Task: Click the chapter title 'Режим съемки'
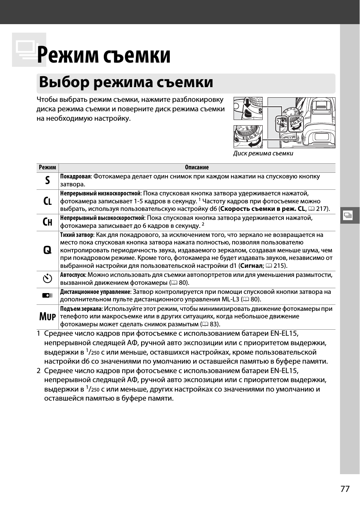click(104, 55)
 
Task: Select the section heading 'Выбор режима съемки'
click(126, 82)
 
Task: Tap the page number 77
click(345, 489)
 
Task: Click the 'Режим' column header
click(47, 167)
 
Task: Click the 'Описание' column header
click(197, 167)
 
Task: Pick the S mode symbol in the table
click(47, 180)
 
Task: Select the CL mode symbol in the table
click(47, 201)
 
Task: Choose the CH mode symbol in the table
click(47, 222)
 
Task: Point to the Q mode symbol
click(47, 250)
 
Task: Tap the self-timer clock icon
click(47, 279)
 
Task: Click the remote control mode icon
click(47, 295)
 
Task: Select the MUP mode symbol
click(47, 316)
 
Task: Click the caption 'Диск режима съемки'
click(263, 153)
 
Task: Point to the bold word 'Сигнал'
click(251, 266)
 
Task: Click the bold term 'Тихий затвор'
click(77, 235)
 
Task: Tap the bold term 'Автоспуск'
click(73, 275)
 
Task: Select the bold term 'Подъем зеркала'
click(81, 309)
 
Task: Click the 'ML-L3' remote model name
click(230, 300)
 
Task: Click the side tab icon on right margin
click(348, 215)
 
